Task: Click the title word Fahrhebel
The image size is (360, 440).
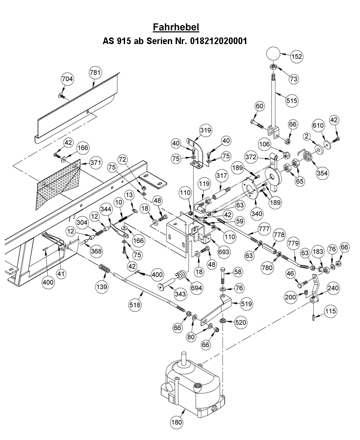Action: click(176, 27)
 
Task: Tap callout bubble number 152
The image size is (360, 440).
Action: click(296, 56)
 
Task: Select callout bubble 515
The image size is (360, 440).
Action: click(291, 100)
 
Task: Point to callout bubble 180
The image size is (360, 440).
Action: click(176, 422)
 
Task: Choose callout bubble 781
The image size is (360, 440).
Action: click(95, 72)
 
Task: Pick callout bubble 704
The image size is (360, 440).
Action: click(67, 79)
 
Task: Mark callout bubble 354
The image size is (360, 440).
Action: click(322, 173)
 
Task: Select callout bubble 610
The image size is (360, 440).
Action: click(319, 125)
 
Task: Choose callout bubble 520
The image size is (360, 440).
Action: click(241, 323)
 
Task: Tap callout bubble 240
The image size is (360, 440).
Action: click(333, 288)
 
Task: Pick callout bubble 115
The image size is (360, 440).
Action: click(330, 311)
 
